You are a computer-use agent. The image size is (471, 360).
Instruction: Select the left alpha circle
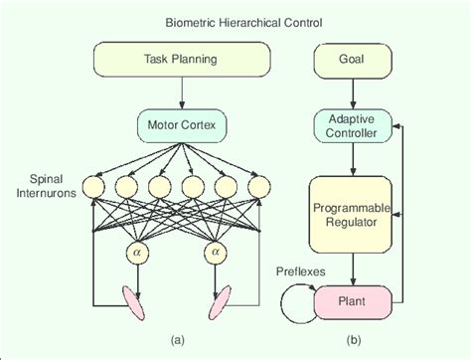136,254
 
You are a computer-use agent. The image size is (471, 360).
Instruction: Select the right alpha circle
215,254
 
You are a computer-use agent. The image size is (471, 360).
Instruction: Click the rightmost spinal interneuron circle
258,185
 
